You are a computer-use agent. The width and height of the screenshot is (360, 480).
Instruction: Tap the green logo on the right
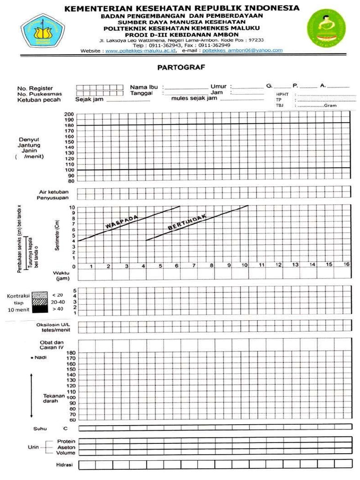tap(324, 29)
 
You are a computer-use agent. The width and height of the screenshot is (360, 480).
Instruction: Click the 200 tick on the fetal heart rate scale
tap(69, 114)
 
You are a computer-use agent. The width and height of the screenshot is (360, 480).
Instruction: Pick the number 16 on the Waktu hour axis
tap(346, 265)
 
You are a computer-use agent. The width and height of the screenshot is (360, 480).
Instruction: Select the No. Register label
tap(35, 88)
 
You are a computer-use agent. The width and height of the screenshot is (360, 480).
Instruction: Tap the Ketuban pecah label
tap(39, 99)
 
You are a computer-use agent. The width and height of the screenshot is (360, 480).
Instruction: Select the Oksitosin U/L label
tap(53, 324)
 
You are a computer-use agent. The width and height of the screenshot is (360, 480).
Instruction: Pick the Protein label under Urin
tap(66, 441)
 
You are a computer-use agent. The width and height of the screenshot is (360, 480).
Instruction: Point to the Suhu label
tap(40, 428)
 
